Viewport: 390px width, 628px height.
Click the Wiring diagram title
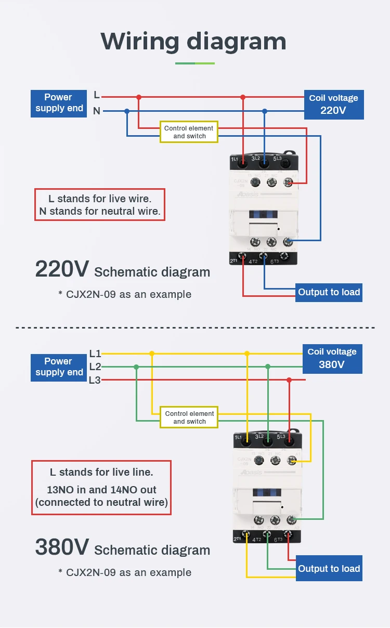pos(193,41)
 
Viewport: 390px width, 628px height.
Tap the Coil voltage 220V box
pos(333,104)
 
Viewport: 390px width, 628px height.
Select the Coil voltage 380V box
pos(332,358)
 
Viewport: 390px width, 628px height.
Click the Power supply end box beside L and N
pos(59,103)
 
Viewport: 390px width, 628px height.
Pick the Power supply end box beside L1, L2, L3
pos(59,367)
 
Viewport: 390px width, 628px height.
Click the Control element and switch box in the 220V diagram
pos(189,132)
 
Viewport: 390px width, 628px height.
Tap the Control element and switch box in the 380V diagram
pos(189,417)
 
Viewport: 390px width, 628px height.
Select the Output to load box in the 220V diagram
pos(329,292)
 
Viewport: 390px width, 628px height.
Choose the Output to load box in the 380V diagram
pos(329,569)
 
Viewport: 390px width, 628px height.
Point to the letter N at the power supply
pos(97,111)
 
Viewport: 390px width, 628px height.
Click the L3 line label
pos(95,380)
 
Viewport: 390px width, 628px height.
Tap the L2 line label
pos(95,367)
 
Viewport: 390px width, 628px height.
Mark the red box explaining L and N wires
pos(100,205)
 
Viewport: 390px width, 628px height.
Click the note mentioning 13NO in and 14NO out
pos(101,488)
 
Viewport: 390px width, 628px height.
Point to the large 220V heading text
pos(62,269)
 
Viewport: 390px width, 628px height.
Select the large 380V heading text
pos(62,547)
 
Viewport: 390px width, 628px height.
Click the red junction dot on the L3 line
pos(289,380)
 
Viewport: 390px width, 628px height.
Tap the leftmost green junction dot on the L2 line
pos(136,367)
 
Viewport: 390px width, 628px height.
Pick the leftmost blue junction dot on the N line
pos(127,111)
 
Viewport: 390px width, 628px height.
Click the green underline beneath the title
pos(195,63)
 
